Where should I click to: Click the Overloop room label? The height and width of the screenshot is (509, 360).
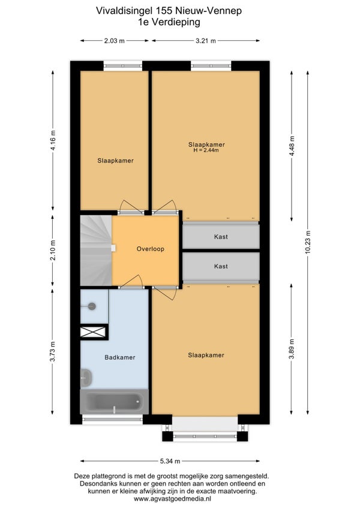[151, 249]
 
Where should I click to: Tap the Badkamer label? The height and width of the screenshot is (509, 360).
[120, 357]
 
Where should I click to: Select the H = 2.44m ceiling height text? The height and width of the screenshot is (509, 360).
[206, 150]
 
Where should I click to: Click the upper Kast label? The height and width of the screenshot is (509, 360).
[221, 237]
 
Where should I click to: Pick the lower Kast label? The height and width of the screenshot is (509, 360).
[221, 267]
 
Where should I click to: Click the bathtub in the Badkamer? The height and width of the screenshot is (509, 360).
[115, 402]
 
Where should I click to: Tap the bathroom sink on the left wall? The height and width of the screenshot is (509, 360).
[86, 378]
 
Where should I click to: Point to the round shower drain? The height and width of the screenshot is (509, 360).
[92, 306]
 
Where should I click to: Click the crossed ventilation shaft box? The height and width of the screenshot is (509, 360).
[93, 332]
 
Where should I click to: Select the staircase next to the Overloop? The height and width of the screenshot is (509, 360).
[96, 251]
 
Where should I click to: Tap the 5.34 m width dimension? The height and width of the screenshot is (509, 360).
[170, 461]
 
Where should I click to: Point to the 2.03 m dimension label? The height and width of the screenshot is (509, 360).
[115, 41]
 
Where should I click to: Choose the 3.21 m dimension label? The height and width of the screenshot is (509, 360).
[206, 41]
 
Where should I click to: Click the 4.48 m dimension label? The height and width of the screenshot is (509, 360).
[292, 146]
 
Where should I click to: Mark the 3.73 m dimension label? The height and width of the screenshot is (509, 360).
[53, 351]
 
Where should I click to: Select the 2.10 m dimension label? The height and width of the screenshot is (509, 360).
[53, 250]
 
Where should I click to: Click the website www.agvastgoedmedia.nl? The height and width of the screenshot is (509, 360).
[173, 499]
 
